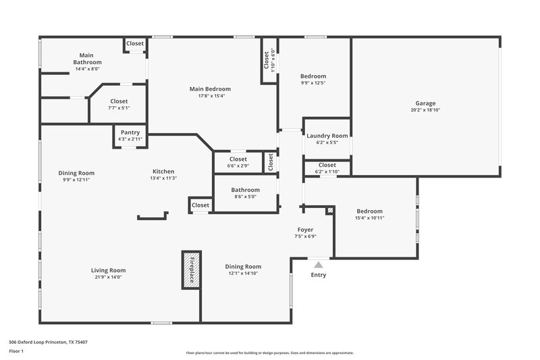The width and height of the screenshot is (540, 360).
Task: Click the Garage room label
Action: point(425,103)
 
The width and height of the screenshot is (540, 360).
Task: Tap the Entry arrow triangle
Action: point(319,265)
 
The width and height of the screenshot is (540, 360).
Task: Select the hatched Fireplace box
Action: point(191,269)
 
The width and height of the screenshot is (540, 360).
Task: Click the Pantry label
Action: point(129,133)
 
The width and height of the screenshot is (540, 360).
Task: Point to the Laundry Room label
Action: point(327,136)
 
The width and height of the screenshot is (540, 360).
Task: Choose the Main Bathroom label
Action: point(87,59)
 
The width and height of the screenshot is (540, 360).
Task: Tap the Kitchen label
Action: point(163,172)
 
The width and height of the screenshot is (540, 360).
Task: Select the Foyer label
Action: point(305,230)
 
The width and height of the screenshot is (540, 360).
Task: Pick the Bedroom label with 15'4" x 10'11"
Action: point(369,211)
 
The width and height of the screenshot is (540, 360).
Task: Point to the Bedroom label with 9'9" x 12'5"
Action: point(313,76)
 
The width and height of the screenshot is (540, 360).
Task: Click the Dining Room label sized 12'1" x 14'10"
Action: point(243,267)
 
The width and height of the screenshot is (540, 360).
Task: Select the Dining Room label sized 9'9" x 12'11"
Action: point(76,173)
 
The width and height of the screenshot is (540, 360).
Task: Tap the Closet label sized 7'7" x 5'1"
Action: point(119,101)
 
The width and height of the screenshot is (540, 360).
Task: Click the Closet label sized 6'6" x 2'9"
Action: point(238,159)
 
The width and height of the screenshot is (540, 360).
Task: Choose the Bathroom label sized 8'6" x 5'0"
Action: point(245,190)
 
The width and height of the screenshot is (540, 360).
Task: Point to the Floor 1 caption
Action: point(16,352)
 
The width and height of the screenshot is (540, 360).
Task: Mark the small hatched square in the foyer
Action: point(329,211)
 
